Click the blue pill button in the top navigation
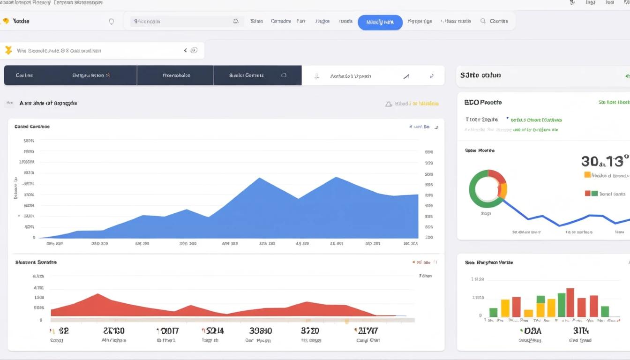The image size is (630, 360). pos(380,22)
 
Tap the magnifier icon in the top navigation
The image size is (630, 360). pos(483,21)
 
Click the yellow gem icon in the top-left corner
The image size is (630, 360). pos(6,21)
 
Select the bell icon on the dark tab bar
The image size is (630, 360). pos(283,75)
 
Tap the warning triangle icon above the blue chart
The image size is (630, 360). pos(388,104)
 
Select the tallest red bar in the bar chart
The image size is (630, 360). pos(570,302)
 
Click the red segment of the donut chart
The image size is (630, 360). pos(497,177)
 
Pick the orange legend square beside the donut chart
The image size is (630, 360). pos(587,175)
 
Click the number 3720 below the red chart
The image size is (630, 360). pos(310,330)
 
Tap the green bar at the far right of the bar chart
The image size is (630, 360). pos(605,311)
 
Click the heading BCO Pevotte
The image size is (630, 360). pos(483,102)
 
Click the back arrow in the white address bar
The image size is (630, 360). pos(186,50)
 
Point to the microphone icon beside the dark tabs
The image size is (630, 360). pos(317,76)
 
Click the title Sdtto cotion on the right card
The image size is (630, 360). pos(480,75)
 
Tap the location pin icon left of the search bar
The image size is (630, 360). pos(111,22)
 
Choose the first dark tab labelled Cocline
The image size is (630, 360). pos(24,75)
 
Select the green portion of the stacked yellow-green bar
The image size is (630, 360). pos(540,299)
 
